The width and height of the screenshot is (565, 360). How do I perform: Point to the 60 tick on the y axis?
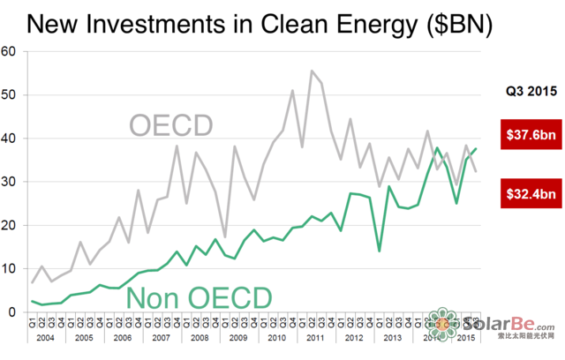click(10, 51)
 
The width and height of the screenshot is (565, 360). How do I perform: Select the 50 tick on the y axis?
click(10, 94)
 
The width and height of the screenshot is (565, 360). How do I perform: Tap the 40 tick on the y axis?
click(10, 138)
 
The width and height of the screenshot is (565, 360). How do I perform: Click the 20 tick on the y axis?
click(10, 225)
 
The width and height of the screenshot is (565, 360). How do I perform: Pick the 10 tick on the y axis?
click(10, 268)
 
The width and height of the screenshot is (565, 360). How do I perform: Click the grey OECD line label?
click(171, 125)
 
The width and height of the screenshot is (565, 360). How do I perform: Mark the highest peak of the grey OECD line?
click(312, 71)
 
